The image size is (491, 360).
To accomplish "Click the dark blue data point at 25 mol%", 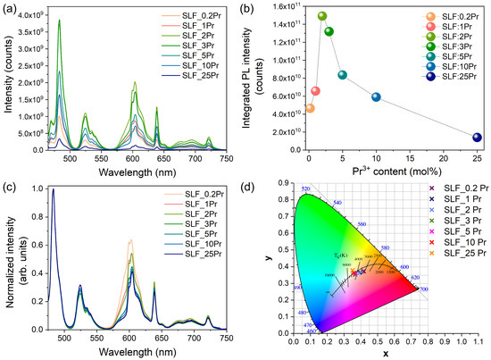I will pos(477,138).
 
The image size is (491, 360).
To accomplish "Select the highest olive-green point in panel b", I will pos(322,16).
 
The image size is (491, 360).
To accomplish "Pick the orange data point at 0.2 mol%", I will pos(310,108).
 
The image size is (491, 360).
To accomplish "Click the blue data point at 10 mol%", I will pos(376,97).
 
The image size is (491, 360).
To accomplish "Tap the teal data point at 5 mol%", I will pos(342,75).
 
